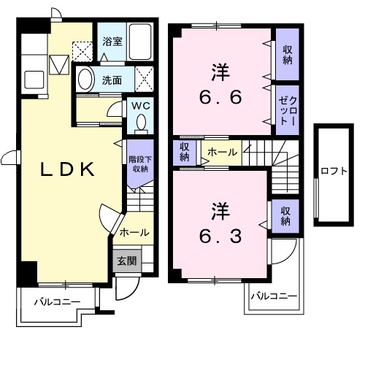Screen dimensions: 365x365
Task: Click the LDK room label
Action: pyautogui.click(x=67, y=169)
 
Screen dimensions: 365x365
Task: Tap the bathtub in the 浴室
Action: pyautogui.click(x=139, y=42)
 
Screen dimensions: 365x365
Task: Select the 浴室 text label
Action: pyautogui.click(x=112, y=42)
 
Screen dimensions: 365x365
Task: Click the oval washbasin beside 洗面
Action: pyautogui.click(x=85, y=79)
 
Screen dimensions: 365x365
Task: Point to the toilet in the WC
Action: pyautogui.click(x=141, y=124)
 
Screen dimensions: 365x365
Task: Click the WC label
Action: pyautogui.click(x=141, y=106)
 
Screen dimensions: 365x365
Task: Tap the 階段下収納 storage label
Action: pyautogui.click(x=140, y=164)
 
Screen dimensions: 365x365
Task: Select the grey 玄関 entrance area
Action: pyautogui.click(x=127, y=261)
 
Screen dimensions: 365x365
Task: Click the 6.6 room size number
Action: pyautogui.click(x=220, y=97)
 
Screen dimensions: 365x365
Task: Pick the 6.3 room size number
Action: pyautogui.click(x=220, y=236)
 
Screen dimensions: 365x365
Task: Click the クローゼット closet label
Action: pyautogui.click(x=288, y=111)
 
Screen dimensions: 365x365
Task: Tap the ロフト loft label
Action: pyautogui.click(x=334, y=171)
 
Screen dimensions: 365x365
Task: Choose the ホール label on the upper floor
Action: pyautogui.click(x=222, y=153)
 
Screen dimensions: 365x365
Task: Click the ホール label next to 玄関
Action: pyautogui.click(x=134, y=232)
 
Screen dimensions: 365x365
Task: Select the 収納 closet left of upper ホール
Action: pyautogui.click(x=185, y=152)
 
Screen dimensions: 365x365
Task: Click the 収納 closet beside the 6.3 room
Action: pyautogui.click(x=285, y=216)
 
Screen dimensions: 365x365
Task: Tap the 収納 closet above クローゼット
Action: pyautogui.click(x=288, y=55)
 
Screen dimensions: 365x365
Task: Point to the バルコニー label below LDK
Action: pyautogui.click(x=57, y=302)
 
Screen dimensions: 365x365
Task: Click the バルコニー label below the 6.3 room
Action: pyautogui.click(x=274, y=296)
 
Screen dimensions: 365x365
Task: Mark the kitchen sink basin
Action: pyautogui.click(x=34, y=80)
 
